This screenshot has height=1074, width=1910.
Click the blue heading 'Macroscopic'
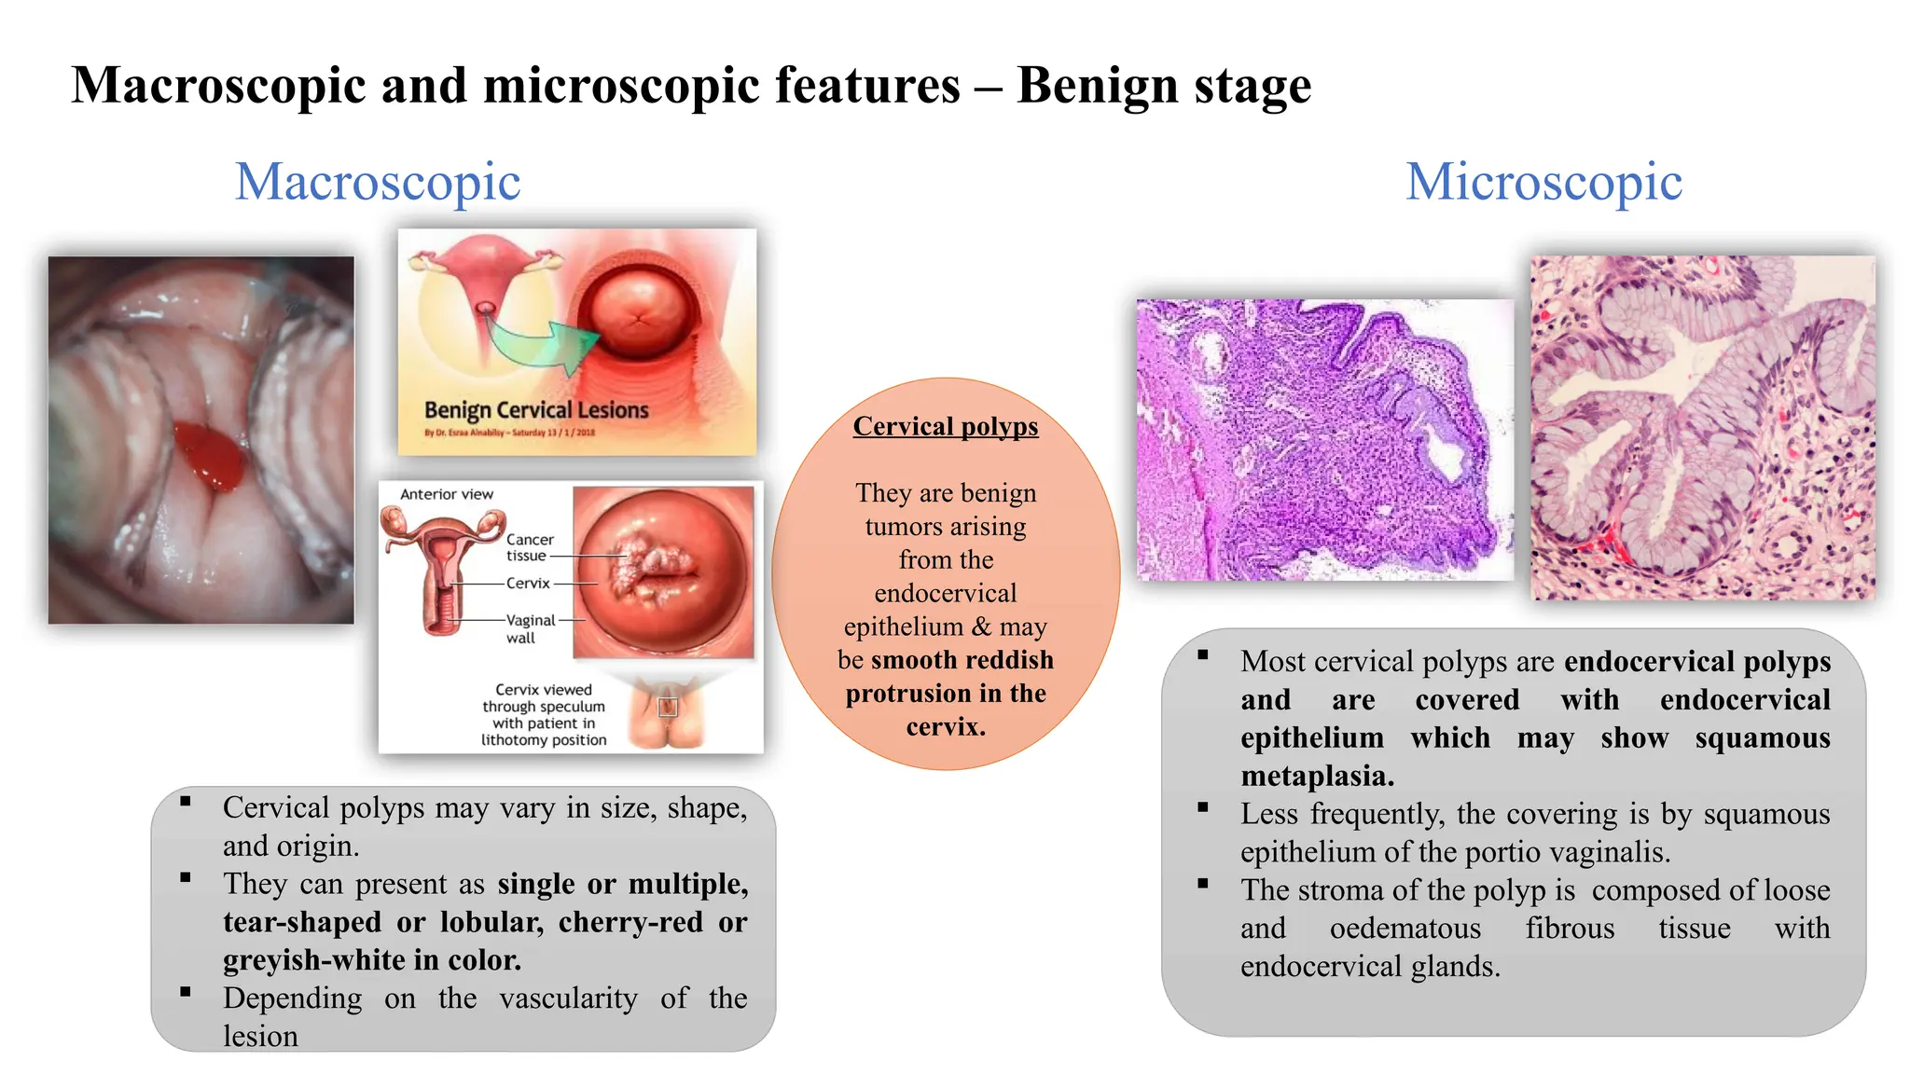pyautogui.click(x=378, y=182)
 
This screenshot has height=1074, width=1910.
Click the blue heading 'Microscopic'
pyautogui.click(x=1543, y=182)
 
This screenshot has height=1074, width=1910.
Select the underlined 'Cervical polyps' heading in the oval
pyautogui.click(x=945, y=426)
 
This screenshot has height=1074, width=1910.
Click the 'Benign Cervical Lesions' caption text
pyautogui.click(x=536, y=410)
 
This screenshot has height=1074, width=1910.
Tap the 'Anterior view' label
pyautogui.click(x=447, y=494)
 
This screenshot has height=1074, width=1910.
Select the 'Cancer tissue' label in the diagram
pyautogui.click(x=529, y=547)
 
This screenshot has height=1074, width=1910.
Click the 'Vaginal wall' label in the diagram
pyautogui.click(x=529, y=628)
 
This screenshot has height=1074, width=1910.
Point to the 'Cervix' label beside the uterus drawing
pyautogui.click(x=528, y=584)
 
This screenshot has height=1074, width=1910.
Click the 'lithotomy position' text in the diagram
pyautogui.click(x=544, y=740)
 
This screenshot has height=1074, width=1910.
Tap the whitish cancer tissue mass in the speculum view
pyautogui.click(x=653, y=566)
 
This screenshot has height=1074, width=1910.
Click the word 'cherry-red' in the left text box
pyautogui.click(x=630, y=922)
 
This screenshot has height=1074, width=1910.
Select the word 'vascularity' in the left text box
pyautogui.click(x=568, y=998)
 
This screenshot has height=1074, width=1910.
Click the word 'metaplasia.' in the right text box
pyautogui.click(x=1317, y=776)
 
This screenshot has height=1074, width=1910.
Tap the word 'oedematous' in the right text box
pyautogui.click(x=1405, y=929)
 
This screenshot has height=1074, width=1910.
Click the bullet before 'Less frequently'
pyautogui.click(x=1203, y=807)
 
